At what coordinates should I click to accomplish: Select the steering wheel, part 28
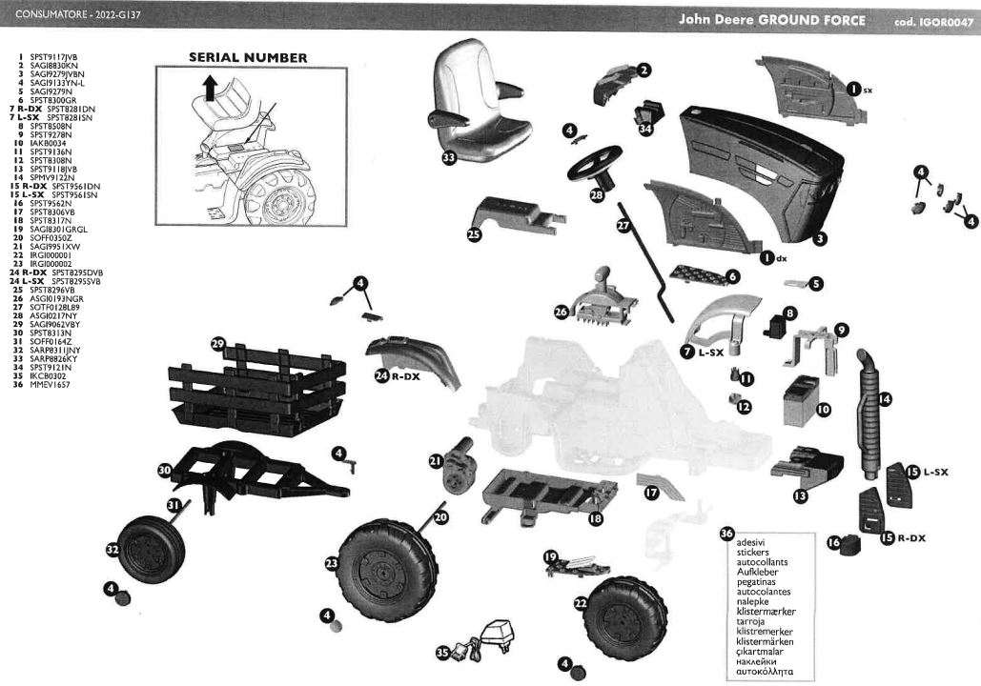coord(595,164)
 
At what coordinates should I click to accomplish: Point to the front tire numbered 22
coord(626,618)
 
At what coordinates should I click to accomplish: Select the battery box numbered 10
coord(802,400)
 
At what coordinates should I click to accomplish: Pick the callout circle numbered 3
coord(820,237)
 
